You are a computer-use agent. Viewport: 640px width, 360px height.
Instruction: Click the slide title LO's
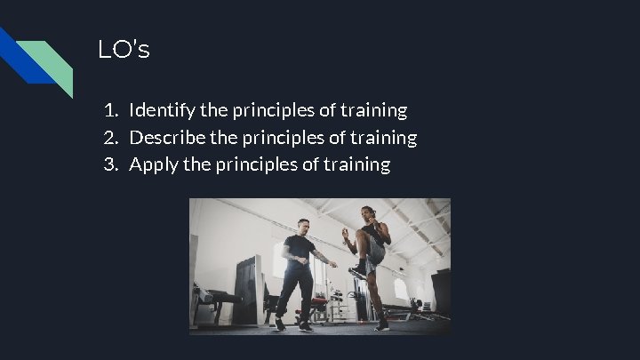[124, 51]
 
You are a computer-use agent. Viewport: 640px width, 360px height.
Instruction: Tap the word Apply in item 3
[153, 164]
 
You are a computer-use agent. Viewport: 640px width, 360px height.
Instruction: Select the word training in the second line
[384, 138]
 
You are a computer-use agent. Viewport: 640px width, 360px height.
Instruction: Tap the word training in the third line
[357, 164]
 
